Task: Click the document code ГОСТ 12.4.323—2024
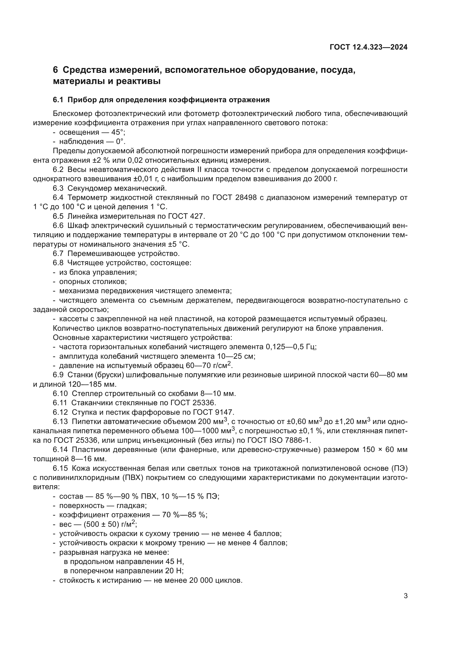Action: [x=368, y=47]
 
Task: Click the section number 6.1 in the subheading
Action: [x=58, y=100]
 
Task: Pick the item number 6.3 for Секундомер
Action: [x=58, y=188]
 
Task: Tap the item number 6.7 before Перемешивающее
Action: [x=58, y=253]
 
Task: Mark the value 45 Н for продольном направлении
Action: [x=174, y=562]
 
